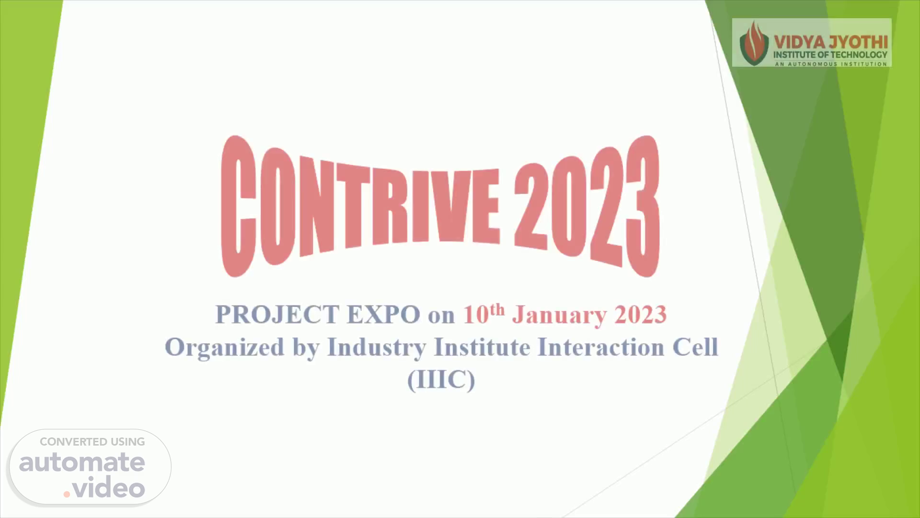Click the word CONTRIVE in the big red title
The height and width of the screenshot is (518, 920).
coord(360,206)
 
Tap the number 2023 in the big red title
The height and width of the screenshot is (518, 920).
coord(587,206)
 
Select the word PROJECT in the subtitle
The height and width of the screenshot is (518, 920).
coord(277,315)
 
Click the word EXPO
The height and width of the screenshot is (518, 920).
coord(383,315)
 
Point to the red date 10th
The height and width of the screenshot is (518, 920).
coord(484,314)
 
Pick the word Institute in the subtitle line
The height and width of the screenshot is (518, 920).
coord(482,347)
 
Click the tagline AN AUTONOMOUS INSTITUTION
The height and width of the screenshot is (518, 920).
coord(831,64)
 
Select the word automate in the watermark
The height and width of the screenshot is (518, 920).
coord(82,462)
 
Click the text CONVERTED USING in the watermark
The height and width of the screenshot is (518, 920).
coord(92,442)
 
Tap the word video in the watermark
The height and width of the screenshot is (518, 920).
coord(109,488)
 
